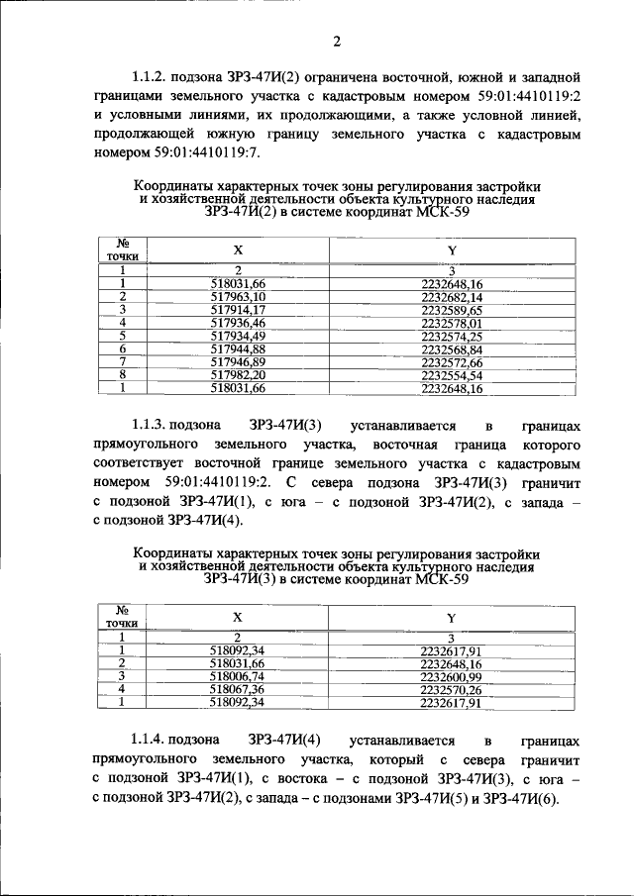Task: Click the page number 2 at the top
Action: pos(336,41)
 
